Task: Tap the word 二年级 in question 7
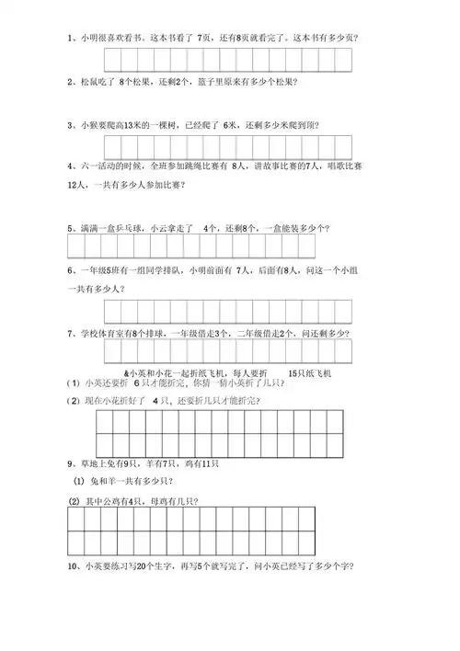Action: (250, 334)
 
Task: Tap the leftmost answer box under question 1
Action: (115, 60)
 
